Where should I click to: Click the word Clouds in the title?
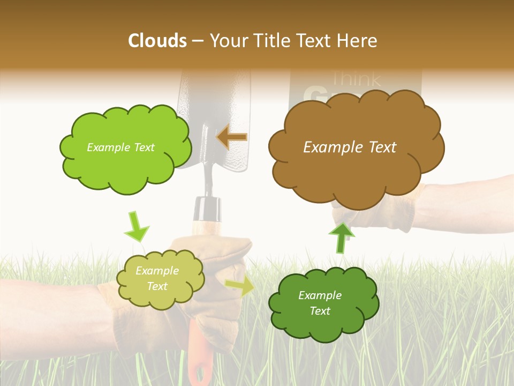tap(157, 41)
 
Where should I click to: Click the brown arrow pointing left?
tap(232, 137)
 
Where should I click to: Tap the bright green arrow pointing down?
tap(136, 227)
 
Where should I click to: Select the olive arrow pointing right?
tap(240, 286)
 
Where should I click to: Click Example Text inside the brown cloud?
tap(350, 147)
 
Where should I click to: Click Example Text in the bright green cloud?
tap(120, 147)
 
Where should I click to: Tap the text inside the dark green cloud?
tap(320, 303)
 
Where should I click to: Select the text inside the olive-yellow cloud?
tap(157, 278)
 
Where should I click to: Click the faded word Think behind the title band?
tap(356, 79)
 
